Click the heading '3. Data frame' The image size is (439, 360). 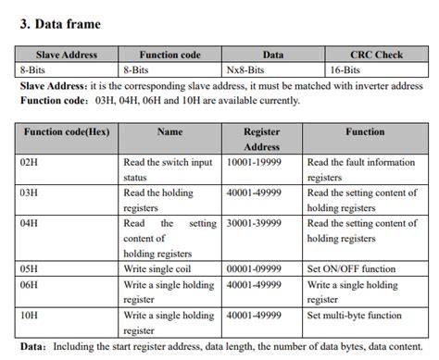coord(60,23)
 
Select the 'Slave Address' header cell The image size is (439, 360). coord(66,55)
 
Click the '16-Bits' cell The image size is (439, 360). coord(346,68)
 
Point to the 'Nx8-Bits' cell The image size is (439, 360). coord(245,68)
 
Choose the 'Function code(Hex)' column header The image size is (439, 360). coord(66,132)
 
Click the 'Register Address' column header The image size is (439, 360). coord(261,139)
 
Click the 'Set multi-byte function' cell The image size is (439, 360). coord(358,315)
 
